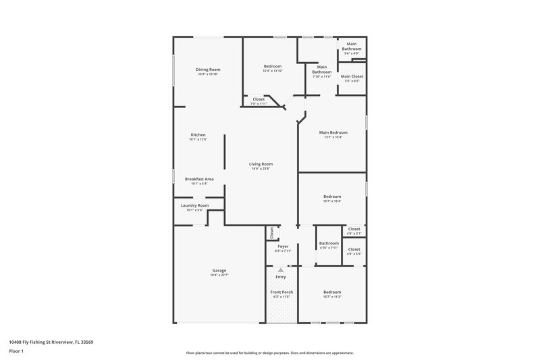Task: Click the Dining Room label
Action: click(208, 70)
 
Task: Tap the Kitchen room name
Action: click(198, 134)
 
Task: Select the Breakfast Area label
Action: click(199, 179)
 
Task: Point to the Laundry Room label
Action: click(194, 205)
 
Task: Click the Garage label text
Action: click(219, 270)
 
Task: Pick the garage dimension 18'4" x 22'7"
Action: click(219, 275)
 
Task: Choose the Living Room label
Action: click(261, 163)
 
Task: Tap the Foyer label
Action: click(283, 247)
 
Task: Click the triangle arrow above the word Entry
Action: click(281, 269)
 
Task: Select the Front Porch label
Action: click(281, 292)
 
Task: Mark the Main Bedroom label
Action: click(333, 132)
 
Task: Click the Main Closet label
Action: click(352, 76)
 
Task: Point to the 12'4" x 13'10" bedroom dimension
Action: click(273, 71)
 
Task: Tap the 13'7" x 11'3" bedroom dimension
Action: click(332, 297)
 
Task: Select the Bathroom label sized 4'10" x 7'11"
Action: click(329, 243)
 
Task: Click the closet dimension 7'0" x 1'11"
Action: click(259, 104)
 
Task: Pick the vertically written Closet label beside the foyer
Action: click(272, 233)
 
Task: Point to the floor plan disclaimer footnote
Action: click(270, 353)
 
